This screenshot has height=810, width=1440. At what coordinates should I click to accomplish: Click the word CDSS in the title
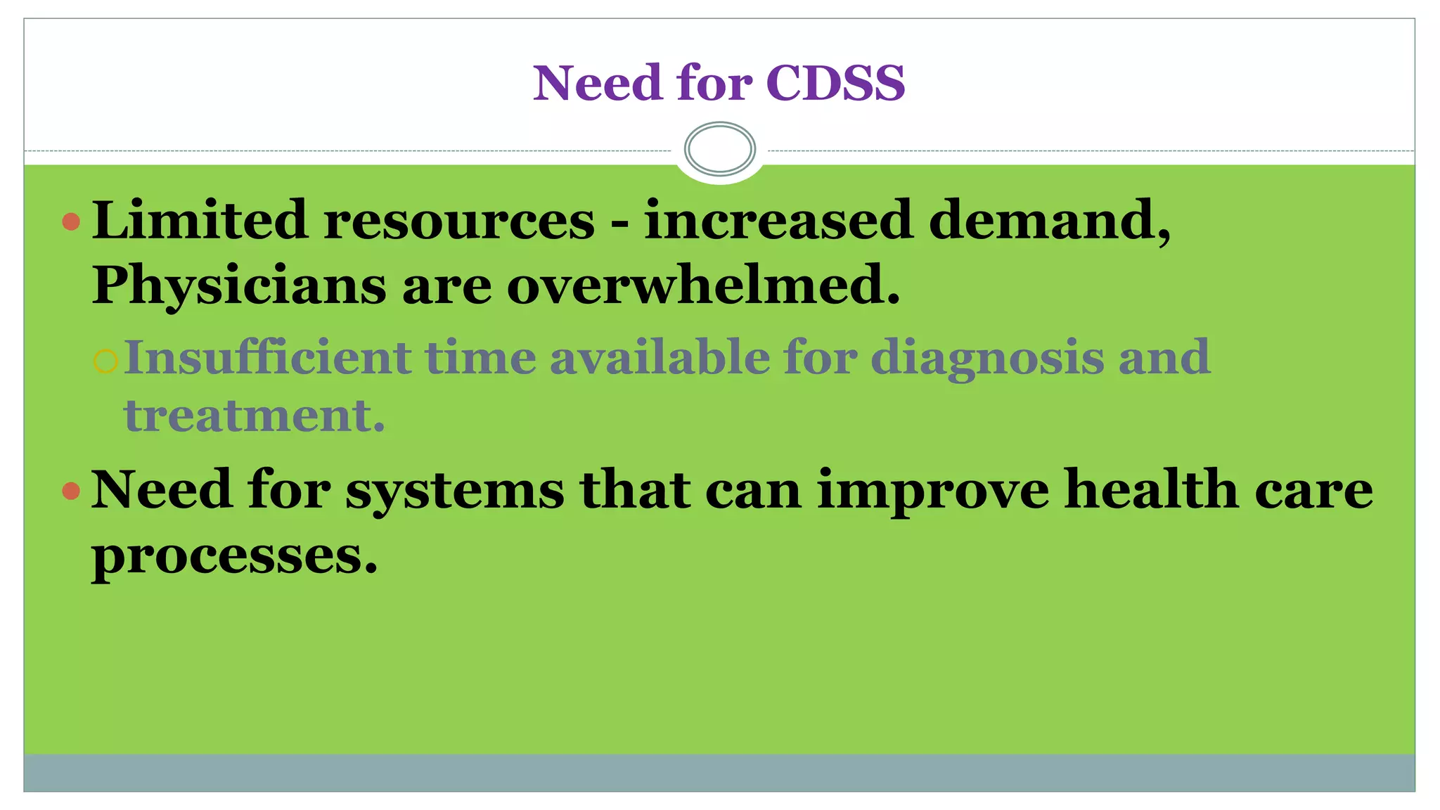point(835,83)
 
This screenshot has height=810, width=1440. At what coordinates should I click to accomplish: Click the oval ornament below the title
point(719,148)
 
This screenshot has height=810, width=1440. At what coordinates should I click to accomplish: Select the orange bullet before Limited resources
point(71,222)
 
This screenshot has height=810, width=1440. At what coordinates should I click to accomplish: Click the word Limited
point(200,220)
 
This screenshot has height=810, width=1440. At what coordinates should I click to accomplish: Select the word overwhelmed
point(702,285)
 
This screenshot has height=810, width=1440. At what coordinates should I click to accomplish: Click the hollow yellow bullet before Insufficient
point(105,361)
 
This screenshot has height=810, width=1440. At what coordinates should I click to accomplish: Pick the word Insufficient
point(267,357)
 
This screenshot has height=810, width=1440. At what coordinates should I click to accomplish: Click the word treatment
point(254,416)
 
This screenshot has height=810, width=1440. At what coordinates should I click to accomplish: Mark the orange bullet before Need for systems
point(71,491)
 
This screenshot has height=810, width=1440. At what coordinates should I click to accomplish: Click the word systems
point(454,491)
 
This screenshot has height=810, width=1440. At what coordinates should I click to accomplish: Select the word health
point(1151,489)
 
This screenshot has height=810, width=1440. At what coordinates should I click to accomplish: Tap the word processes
point(234,556)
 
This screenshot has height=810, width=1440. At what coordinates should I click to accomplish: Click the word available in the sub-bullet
point(660,357)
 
